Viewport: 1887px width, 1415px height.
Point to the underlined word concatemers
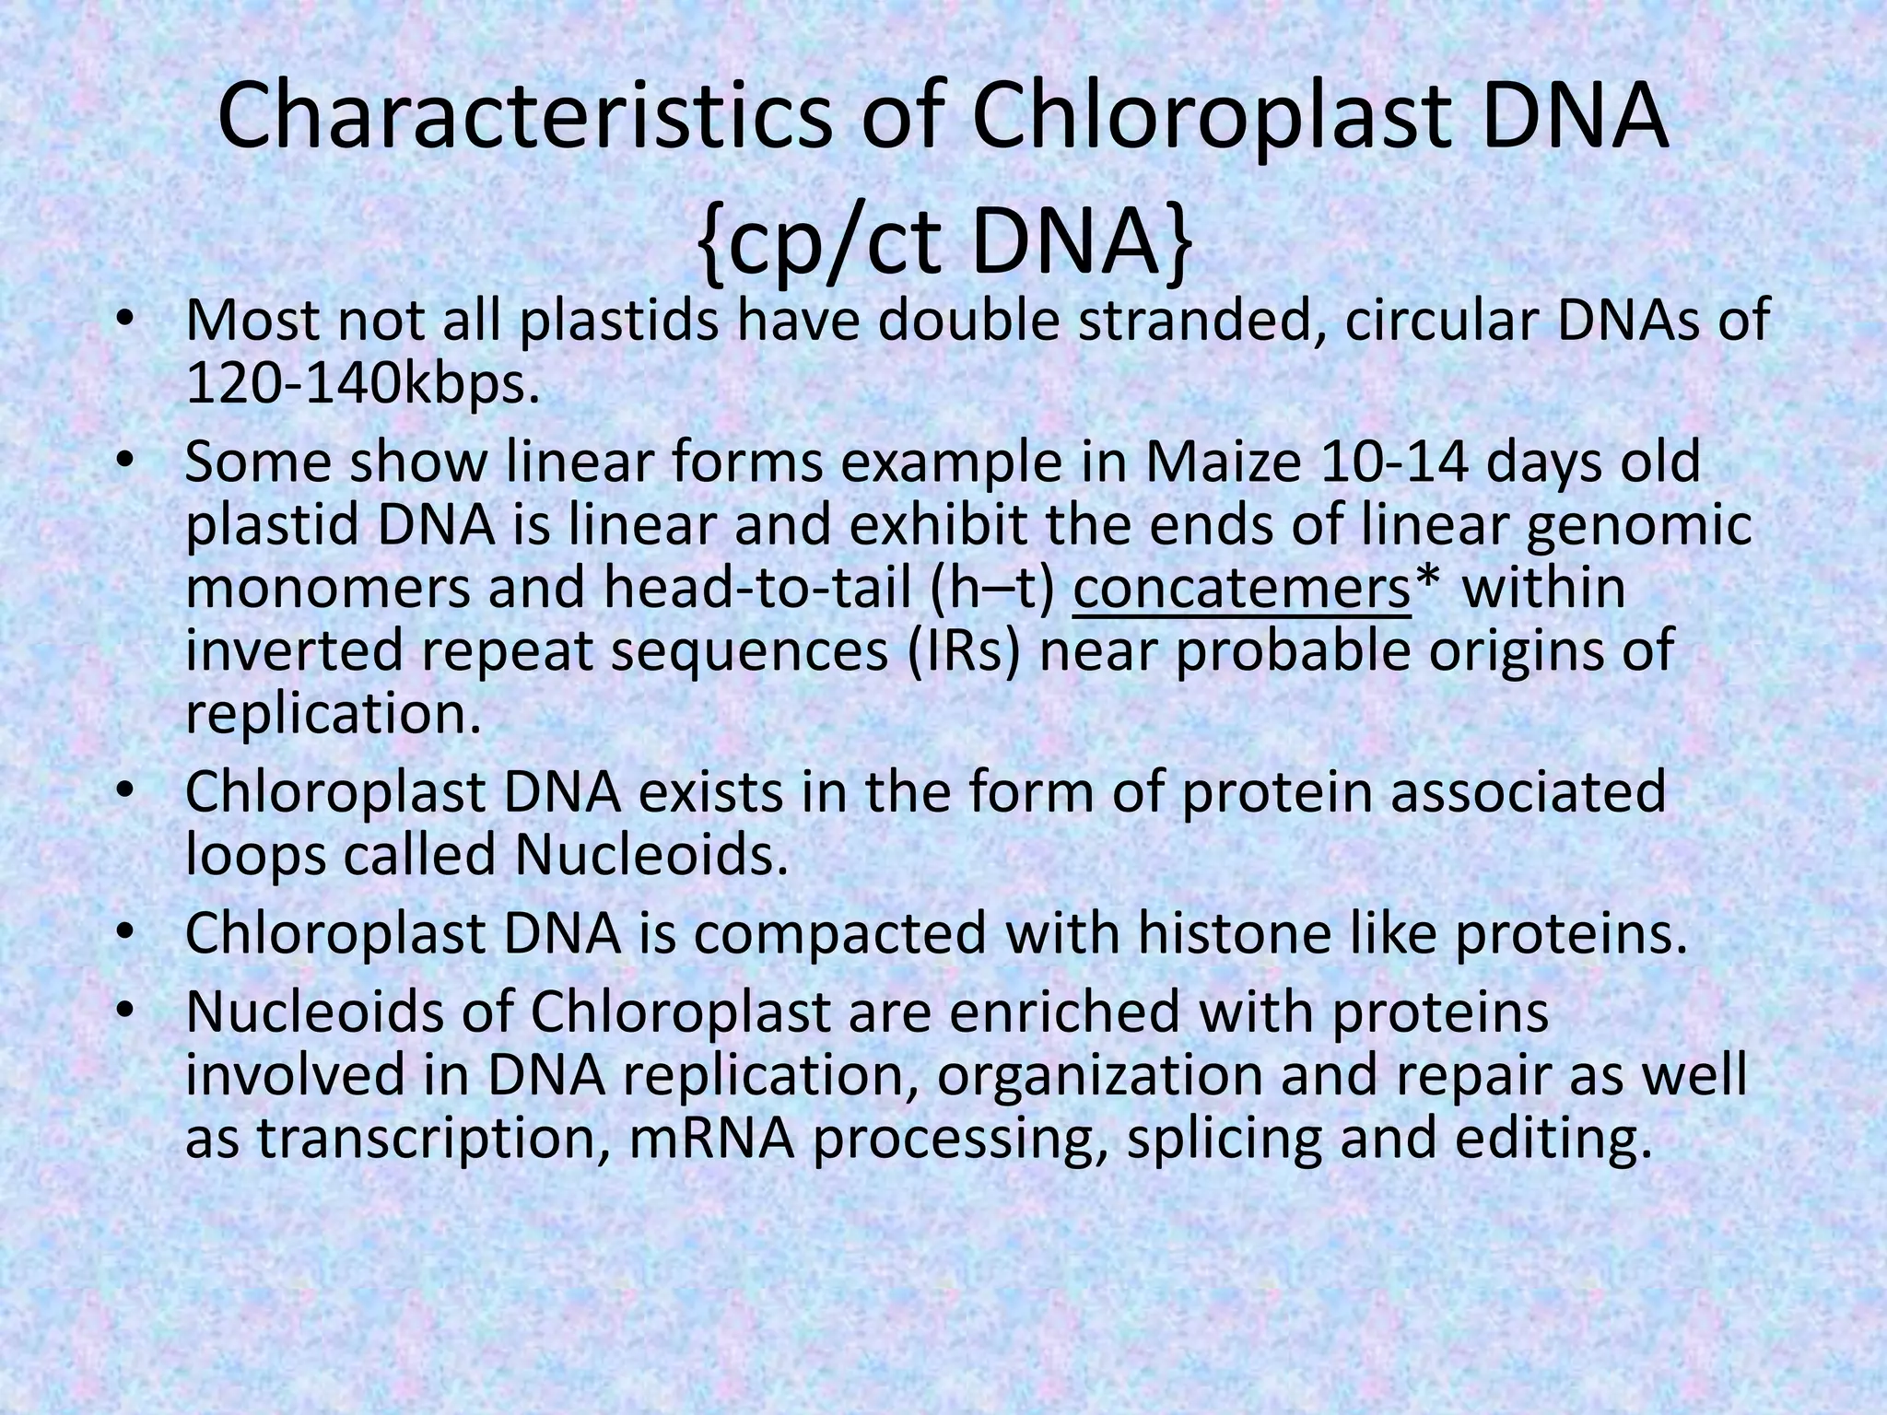click(x=1241, y=589)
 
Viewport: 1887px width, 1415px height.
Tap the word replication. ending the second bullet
click(x=334, y=714)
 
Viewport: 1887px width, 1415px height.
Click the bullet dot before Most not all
click(x=126, y=322)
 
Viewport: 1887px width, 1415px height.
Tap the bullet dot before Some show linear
click(x=126, y=463)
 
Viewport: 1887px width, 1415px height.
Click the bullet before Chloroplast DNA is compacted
click(x=126, y=935)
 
